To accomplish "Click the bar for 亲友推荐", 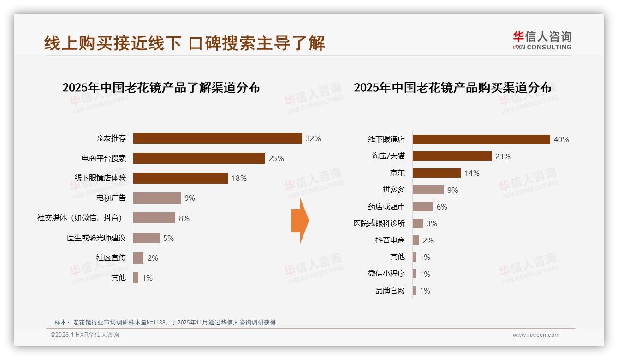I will click(x=217, y=138).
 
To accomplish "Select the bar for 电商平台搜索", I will click(x=199, y=158).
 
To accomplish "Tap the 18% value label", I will click(x=239, y=178).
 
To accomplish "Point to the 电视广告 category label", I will click(x=111, y=198).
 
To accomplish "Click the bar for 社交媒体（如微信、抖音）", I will click(x=154, y=218).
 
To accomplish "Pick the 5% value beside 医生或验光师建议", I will click(x=168, y=238).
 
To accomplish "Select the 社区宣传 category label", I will click(x=111, y=258).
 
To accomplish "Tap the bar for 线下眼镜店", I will click(x=481, y=139).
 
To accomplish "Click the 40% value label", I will click(x=561, y=139).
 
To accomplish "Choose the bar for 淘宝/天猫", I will click(x=452, y=156).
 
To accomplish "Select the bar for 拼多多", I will click(x=428, y=190).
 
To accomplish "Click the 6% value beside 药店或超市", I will click(x=442, y=207).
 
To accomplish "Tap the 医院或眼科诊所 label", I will click(x=379, y=223).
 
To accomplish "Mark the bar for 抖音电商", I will click(x=416, y=240).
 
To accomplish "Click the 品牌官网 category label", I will click(x=390, y=291).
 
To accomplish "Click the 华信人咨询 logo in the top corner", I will click(x=542, y=40).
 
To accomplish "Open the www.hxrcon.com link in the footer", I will click(x=535, y=335).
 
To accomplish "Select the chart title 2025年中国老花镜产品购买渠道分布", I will click(x=452, y=87).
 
